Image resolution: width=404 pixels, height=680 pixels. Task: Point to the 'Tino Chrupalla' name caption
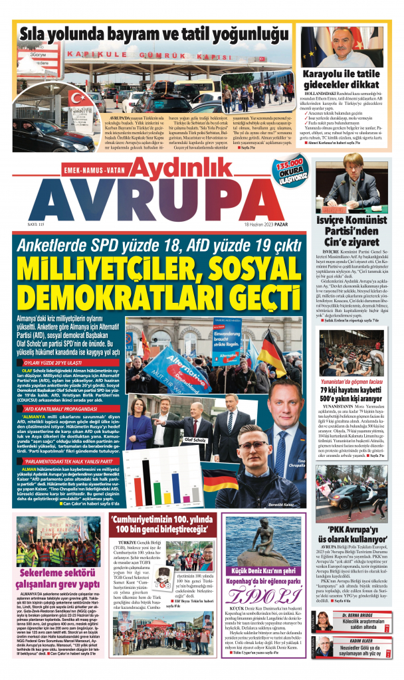[x=298, y=463]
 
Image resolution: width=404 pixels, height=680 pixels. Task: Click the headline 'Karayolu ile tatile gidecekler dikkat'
[x=345, y=80]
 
